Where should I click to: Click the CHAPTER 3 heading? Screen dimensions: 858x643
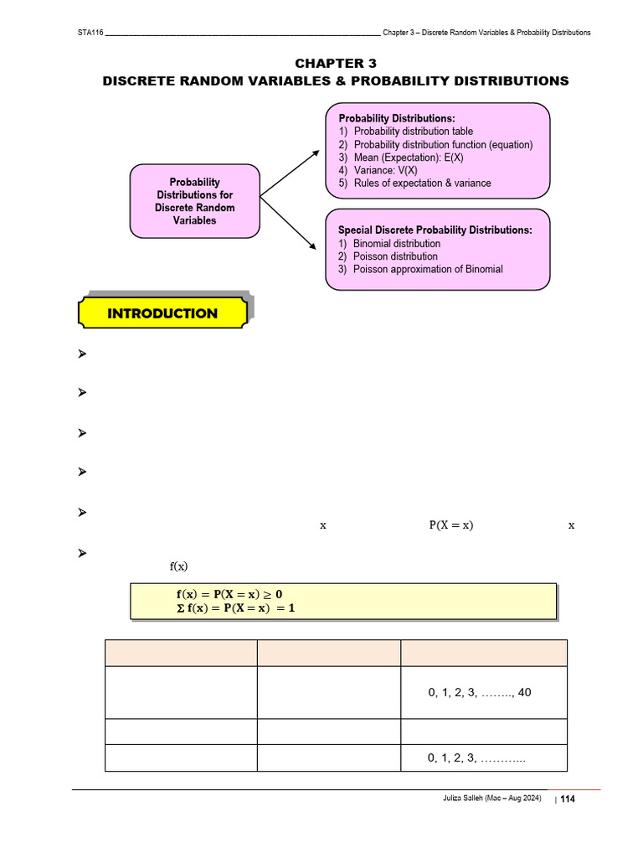coord(335,63)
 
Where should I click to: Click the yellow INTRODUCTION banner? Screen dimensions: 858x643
coord(162,313)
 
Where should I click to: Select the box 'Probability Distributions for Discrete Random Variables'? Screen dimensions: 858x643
coord(195,201)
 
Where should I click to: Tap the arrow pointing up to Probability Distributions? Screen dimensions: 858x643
coord(290,174)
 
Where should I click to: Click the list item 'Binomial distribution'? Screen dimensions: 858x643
coord(396,244)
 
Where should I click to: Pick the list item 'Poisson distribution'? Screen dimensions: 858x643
coord(395,256)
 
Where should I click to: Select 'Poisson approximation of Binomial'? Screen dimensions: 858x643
coord(428,269)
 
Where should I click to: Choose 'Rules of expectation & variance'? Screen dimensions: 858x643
coord(422,183)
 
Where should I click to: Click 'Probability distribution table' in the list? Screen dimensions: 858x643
coord(413,132)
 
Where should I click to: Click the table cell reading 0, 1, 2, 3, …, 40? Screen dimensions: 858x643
coord(479,693)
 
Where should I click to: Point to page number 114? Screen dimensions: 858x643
coord(568,799)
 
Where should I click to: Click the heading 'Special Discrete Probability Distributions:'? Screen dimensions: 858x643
coord(435,230)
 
